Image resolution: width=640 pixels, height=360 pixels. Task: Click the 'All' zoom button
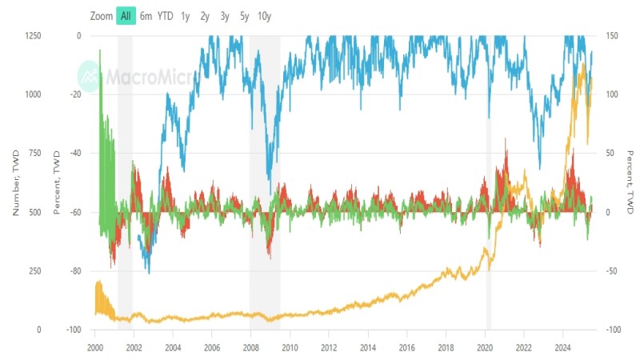[x=126, y=15]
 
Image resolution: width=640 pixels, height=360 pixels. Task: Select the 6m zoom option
[x=146, y=15]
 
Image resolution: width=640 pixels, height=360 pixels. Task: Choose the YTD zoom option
[x=165, y=15]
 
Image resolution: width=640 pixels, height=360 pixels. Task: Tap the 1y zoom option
[x=185, y=15]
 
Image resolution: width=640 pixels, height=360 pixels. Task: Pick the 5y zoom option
[x=244, y=15]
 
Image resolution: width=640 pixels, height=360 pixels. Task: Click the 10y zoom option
[x=264, y=15]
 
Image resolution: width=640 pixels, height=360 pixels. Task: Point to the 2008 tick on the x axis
[x=250, y=348]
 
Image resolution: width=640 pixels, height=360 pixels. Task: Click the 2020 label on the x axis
[x=485, y=348]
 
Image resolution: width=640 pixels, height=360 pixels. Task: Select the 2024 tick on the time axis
[x=562, y=348]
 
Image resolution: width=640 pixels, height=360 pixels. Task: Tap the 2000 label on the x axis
[x=95, y=348]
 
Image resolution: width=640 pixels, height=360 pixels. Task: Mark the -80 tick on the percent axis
[x=75, y=271]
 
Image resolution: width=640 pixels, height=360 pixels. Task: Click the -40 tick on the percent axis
[x=75, y=154]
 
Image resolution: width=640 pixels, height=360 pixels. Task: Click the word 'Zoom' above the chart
[x=102, y=15]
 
